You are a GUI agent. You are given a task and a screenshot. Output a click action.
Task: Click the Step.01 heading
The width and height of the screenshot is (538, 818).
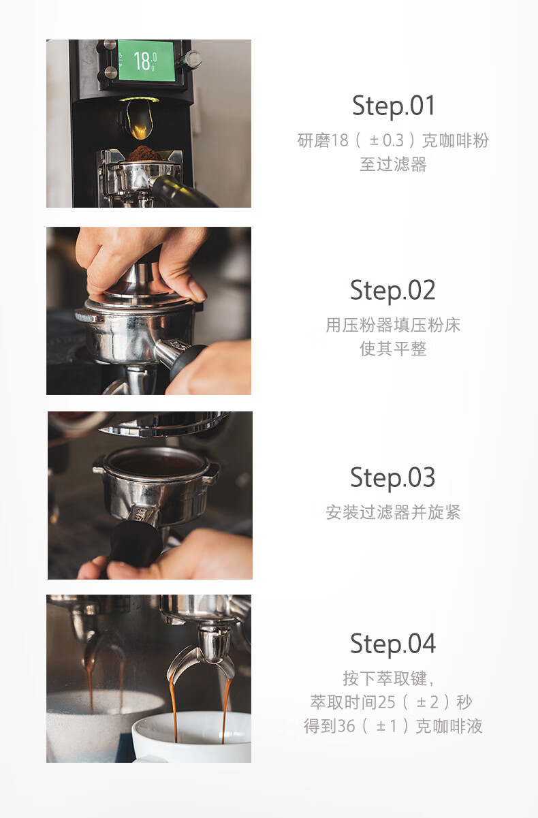[394, 106]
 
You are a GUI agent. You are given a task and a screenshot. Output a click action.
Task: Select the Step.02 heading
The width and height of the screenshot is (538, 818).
[393, 290]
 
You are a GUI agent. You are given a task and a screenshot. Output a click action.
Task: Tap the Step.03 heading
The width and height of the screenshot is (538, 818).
[393, 477]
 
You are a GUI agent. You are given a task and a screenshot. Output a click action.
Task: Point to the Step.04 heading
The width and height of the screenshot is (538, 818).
[393, 644]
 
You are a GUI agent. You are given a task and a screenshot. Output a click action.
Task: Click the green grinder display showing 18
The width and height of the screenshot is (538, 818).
[146, 61]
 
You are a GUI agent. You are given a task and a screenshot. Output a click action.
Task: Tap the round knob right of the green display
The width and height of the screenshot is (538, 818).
[192, 59]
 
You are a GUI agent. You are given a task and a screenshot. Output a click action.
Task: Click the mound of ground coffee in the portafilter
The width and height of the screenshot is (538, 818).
[144, 153]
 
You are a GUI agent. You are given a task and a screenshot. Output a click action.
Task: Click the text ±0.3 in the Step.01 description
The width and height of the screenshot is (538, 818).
[387, 140]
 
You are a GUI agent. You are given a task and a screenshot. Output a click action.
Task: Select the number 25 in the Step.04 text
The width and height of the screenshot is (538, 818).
[386, 702]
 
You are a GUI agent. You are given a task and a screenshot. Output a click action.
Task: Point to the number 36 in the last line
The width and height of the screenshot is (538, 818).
[346, 726]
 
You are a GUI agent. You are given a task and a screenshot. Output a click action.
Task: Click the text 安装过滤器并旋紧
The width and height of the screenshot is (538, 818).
[393, 512]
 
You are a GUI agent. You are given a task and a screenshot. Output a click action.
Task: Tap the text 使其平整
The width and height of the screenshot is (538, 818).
[393, 349]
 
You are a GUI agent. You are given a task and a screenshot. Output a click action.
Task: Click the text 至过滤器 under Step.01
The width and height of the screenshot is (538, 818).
[393, 164]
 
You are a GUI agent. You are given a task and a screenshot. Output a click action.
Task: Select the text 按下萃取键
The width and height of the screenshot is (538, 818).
[385, 678]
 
